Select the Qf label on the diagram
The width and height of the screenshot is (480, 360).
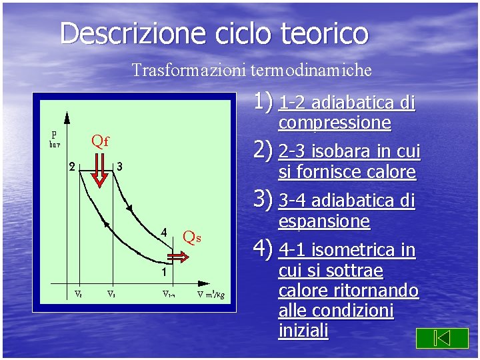[100, 141]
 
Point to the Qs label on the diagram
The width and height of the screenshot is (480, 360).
[192, 237]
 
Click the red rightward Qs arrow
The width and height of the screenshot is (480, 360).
[178, 257]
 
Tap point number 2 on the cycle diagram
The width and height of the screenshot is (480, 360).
[72, 167]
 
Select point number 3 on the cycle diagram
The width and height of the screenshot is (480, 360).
[119, 166]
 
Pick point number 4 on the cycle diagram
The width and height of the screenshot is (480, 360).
[163, 233]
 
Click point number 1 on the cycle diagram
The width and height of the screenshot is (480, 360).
[163, 272]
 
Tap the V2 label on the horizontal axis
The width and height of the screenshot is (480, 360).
[77, 293]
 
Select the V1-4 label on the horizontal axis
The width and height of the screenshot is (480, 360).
[169, 293]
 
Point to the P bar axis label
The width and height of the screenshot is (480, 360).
[54, 137]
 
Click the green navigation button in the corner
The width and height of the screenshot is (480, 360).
[442, 338]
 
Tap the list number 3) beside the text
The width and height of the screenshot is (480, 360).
[265, 199]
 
